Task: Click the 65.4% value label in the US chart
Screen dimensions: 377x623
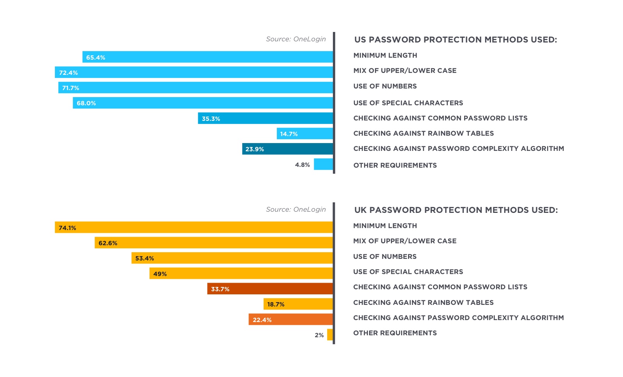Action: (x=95, y=57)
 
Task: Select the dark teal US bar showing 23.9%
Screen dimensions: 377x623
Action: (x=287, y=149)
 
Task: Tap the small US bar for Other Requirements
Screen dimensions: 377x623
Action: (x=323, y=164)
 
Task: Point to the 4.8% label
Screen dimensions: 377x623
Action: (x=302, y=165)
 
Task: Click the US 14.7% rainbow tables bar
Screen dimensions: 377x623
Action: (x=304, y=134)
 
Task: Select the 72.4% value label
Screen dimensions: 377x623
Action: (x=68, y=73)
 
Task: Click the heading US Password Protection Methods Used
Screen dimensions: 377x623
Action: (x=455, y=40)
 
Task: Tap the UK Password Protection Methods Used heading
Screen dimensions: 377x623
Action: (x=456, y=210)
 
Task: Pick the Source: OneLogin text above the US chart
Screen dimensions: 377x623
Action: (x=296, y=39)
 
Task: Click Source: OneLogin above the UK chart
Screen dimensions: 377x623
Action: (x=296, y=209)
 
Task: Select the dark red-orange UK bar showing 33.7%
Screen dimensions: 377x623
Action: (x=270, y=289)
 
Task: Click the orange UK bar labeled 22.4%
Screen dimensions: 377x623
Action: (x=290, y=320)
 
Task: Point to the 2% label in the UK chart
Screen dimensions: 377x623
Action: (x=319, y=335)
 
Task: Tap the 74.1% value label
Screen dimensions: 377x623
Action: (x=67, y=228)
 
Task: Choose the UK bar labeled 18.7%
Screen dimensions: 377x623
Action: (x=298, y=304)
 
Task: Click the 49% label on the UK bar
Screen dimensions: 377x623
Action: (x=160, y=274)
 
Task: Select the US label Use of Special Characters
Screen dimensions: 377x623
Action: (x=408, y=103)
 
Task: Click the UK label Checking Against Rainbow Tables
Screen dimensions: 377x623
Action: (x=423, y=303)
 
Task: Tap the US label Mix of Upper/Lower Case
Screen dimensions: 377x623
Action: (x=405, y=71)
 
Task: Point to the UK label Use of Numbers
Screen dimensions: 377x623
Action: (x=385, y=257)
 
